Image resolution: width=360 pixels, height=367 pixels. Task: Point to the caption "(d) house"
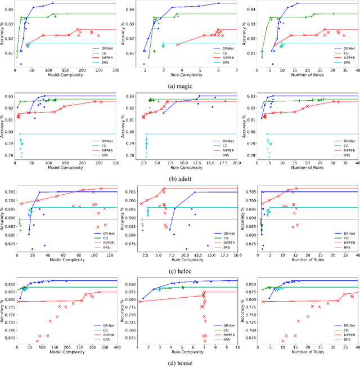point(180,364)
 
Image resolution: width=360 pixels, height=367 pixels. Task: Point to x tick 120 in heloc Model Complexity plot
point(105,254)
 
